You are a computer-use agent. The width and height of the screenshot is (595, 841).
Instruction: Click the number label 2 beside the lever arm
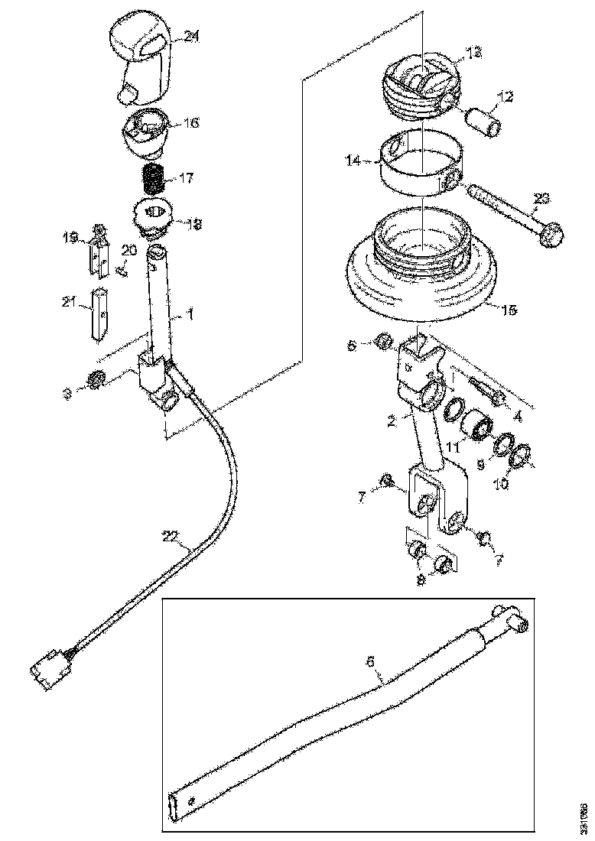pos(391,421)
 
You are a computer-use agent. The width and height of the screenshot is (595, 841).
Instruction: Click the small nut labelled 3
pos(96,378)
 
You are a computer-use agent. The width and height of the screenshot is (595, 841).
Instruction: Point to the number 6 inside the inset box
pos(372,662)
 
